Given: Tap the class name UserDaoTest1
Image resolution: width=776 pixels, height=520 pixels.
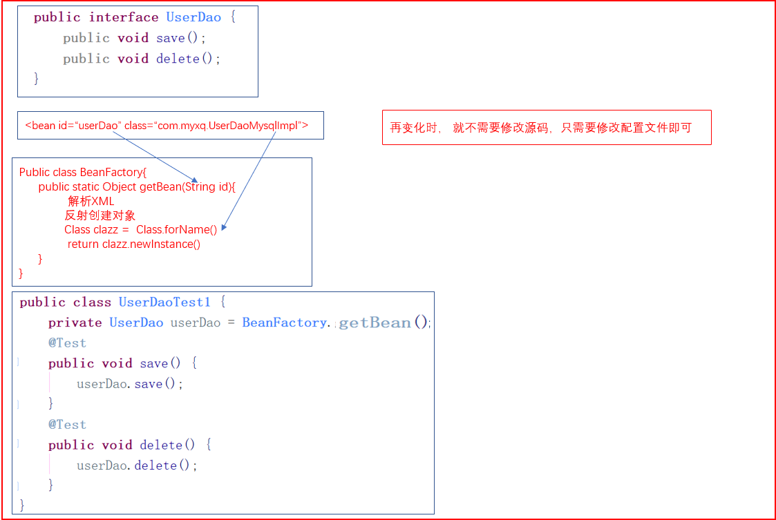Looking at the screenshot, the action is click(164, 302).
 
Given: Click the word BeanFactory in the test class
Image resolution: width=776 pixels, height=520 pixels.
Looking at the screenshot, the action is click(284, 322).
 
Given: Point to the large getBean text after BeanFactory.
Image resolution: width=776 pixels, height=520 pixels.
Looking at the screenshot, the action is click(375, 322).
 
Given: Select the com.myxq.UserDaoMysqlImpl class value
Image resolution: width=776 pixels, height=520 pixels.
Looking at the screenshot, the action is click(229, 126).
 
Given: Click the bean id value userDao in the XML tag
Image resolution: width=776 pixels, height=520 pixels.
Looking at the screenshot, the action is click(97, 126).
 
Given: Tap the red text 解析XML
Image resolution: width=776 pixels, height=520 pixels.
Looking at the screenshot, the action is click(91, 201).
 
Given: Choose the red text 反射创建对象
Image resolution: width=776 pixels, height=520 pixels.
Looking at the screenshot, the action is click(100, 215).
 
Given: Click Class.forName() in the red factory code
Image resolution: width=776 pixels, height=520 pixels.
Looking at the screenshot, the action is click(176, 230).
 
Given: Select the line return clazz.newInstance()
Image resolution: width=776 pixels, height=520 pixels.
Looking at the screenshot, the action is click(134, 244).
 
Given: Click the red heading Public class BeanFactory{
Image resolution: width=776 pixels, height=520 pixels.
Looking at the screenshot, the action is click(83, 172).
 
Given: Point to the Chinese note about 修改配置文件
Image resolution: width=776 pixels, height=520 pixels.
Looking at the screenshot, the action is click(540, 128).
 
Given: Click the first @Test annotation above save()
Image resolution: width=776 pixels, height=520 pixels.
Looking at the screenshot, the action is click(67, 343).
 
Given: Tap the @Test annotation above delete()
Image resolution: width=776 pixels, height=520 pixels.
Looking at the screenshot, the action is click(67, 425).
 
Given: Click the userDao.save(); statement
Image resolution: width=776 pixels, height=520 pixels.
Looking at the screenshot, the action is click(130, 384).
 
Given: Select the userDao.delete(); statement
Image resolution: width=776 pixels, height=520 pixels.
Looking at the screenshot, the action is click(137, 465).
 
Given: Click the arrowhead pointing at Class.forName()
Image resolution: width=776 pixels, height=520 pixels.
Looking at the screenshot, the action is click(224, 229).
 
